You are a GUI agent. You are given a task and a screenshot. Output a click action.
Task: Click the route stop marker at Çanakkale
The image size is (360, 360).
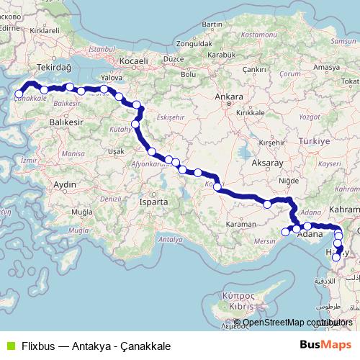point(19,94)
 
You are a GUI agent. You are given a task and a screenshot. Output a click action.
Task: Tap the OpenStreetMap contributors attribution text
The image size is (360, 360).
point(297,323)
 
